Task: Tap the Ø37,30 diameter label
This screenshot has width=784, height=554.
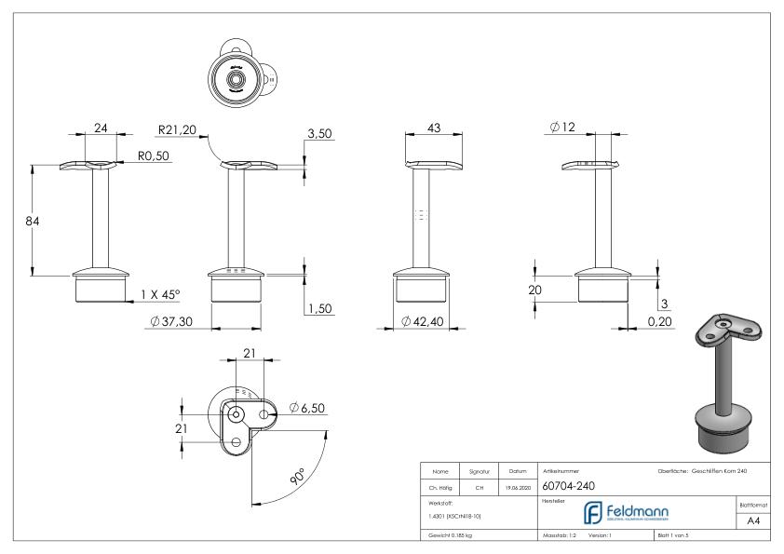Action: point(179,321)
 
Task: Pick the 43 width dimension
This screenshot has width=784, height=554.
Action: point(434,128)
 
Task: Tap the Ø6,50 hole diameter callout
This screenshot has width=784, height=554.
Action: point(307,407)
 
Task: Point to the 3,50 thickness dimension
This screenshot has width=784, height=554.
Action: point(319,135)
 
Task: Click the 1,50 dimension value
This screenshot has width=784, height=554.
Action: point(319,308)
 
